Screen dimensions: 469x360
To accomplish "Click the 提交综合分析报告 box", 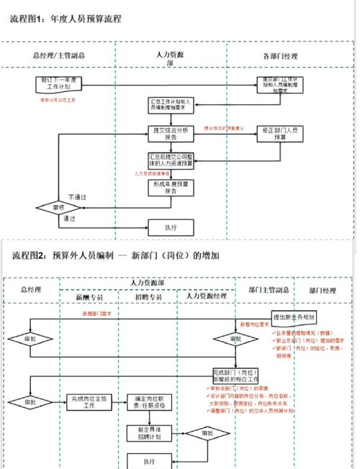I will click(x=171, y=133).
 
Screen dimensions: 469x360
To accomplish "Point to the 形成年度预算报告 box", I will click(x=171, y=187).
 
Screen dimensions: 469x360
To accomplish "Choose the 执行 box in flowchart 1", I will click(x=171, y=228).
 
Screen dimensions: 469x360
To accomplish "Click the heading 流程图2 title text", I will click(x=115, y=255).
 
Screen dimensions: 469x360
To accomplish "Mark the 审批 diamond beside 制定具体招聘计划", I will click(x=207, y=434).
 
